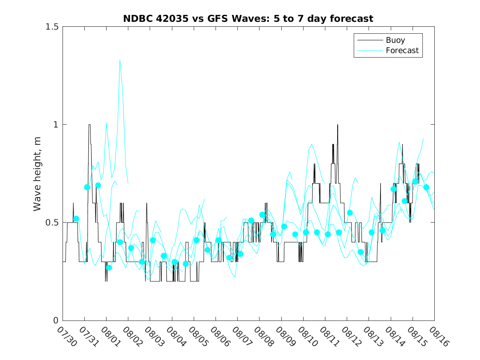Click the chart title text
(x=248, y=19)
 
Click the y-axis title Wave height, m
(x=37, y=174)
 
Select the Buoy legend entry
(x=387, y=40)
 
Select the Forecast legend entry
(x=387, y=51)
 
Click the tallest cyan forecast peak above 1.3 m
(x=120, y=60)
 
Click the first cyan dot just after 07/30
(x=76, y=219)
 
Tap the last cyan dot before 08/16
(x=426, y=187)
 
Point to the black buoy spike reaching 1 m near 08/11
(x=338, y=125)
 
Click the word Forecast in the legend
(x=402, y=51)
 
